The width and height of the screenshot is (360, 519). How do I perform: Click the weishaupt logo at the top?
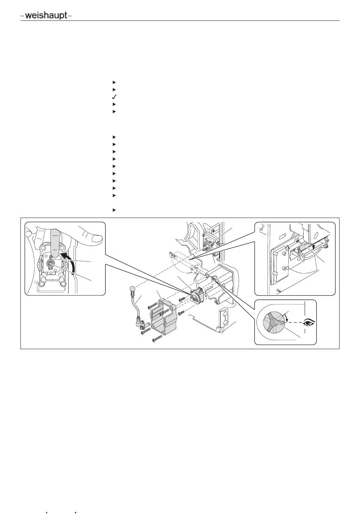pos(46,16)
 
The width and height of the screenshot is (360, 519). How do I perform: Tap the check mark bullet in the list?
pos(114,97)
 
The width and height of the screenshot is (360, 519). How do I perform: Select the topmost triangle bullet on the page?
pos(114,82)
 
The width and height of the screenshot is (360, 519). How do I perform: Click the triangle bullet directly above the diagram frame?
pos(114,210)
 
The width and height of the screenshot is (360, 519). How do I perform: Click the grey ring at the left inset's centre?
pos(51,264)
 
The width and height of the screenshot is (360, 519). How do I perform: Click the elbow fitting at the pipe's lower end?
pos(141,323)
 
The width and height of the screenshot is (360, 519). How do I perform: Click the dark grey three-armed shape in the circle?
pos(274,323)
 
